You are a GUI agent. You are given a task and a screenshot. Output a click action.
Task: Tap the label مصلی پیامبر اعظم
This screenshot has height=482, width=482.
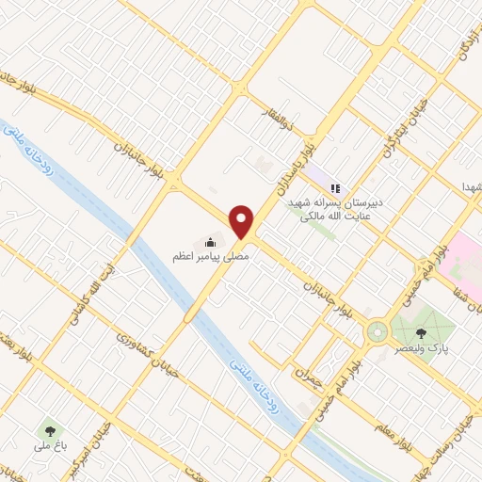(x=209, y=256)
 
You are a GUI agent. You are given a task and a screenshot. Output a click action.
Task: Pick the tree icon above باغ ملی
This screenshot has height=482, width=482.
(x=45, y=431)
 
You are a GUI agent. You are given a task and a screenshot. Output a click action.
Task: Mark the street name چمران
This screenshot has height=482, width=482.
(x=309, y=364)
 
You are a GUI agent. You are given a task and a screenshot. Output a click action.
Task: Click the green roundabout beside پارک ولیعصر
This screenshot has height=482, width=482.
(x=377, y=331)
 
